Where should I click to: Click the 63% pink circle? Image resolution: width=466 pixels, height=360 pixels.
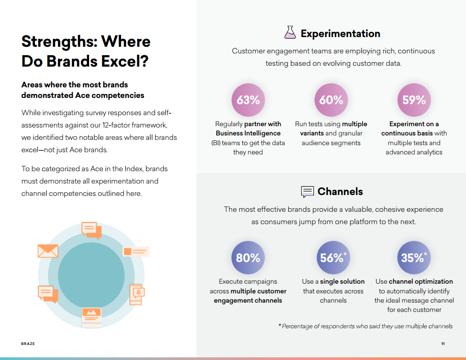pos(248,100)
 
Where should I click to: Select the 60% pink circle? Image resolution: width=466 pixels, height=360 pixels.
pos(331,100)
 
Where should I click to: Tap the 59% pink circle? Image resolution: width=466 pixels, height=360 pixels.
pos(414,100)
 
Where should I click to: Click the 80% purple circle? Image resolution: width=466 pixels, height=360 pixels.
pos(248,258)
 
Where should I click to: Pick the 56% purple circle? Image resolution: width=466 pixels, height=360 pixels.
pos(333,258)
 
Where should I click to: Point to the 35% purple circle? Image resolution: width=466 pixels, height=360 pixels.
pos(414,258)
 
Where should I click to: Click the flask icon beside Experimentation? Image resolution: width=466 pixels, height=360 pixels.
pos(290,32)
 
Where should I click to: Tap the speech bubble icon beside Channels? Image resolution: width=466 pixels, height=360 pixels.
pos(307,192)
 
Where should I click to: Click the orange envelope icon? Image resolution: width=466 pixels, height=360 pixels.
pos(48,251)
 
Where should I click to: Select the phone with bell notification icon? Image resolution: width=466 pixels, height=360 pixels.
pos(137,294)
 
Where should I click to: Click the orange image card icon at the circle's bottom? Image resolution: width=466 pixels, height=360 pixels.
pos(91,317)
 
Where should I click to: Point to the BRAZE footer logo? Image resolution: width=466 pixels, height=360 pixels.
pos(28,344)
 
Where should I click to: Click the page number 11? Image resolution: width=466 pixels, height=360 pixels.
pos(443,344)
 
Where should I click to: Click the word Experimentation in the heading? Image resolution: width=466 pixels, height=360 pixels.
pos(340,34)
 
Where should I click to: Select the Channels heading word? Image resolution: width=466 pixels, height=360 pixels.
pos(340,191)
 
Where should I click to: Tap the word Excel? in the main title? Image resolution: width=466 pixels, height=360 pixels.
pos(125,61)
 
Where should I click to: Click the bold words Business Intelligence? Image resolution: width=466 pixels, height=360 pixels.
pos(248,133)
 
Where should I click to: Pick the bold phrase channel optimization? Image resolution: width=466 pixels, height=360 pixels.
pos(421,281)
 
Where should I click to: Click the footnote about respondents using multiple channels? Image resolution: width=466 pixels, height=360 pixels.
pos(365,326)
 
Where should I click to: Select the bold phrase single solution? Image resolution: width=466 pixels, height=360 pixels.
pos(342,281)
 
